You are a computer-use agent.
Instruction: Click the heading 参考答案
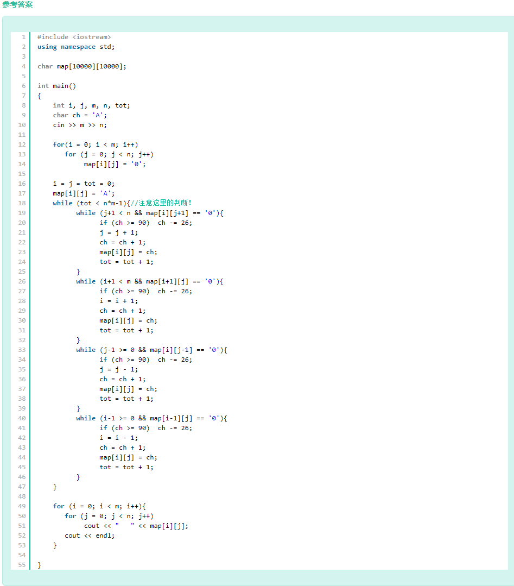pyautogui.click(x=17, y=4)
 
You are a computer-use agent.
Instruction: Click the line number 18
pyautogui.click(x=22, y=203)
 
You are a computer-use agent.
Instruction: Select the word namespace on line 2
pyautogui.click(x=78, y=47)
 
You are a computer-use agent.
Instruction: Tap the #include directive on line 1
pyautogui.click(x=53, y=37)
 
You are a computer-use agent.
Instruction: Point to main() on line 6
pyautogui.click(x=64, y=86)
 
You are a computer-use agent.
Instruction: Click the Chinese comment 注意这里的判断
pyautogui.click(x=163, y=203)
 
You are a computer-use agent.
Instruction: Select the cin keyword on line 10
pyautogui.click(x=59, y=125)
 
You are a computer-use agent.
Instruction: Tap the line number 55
pyautogui.click(x=22, y=565)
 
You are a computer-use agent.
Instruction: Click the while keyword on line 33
pyautogui.click(x=86, y=350)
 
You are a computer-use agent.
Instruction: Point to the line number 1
pyautogui.click(x=24, y=37)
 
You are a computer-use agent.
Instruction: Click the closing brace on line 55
pyautogui.click(x=39, y=565)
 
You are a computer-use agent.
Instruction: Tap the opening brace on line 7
pyautogui.click(x=39, y=96)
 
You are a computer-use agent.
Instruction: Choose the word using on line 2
pyautogui.click(x=47, y=47)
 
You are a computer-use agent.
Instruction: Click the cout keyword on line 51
pyautogui.click(x=92, y=526)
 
